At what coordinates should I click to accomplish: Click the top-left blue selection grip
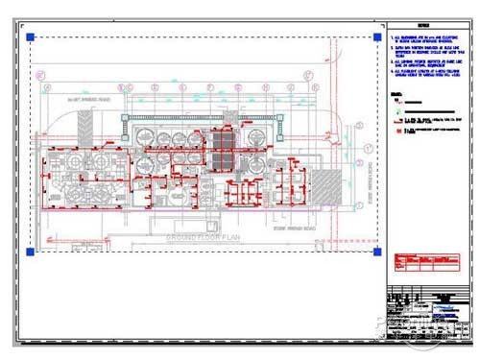31,37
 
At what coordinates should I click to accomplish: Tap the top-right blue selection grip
373,37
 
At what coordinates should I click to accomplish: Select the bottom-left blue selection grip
31,252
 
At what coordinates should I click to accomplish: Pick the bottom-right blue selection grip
373,252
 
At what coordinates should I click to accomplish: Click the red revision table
413,265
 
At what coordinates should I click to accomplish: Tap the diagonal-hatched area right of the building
327,181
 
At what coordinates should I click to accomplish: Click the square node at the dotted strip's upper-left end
124,116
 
